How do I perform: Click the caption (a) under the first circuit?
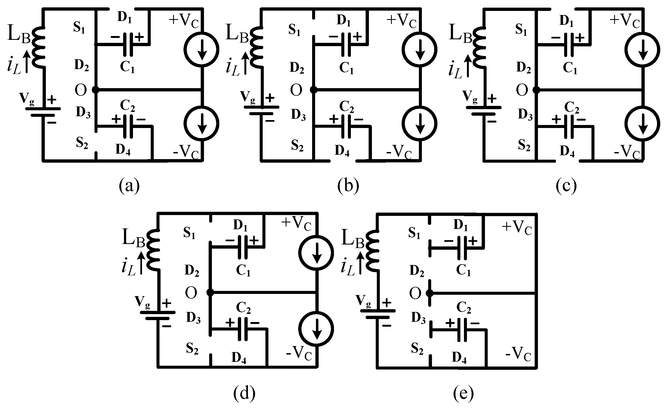(129, 186)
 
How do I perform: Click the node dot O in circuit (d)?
(210, 293)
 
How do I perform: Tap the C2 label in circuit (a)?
(128, 106)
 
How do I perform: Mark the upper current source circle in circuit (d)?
(316, 252)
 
